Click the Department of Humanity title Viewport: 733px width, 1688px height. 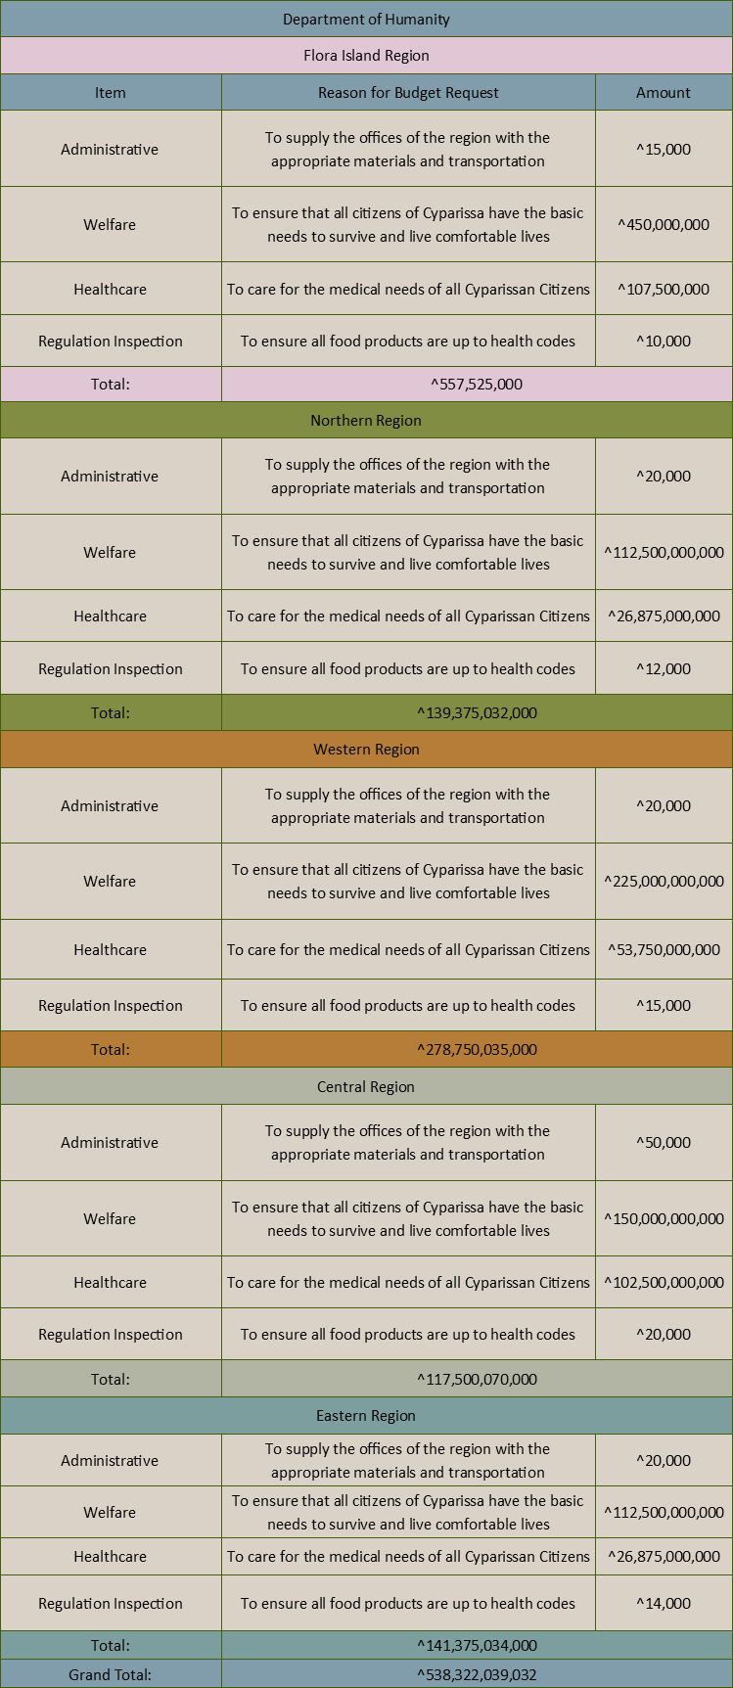pyautogui.click(x=366, y=20)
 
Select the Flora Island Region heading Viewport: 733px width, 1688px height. pyautogui.click(x=366, y=56)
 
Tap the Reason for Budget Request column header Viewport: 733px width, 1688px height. pyautogui.click(x=408, y=93)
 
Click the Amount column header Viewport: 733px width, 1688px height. pyautogui.click(x=664, y=93)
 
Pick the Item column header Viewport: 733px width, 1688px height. pyautogui.click(x=111, y=93)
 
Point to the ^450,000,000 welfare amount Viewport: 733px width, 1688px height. pyautogui.click(x=664, y=225)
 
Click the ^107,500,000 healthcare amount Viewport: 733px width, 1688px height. pyautogui.click(x=664, y=290)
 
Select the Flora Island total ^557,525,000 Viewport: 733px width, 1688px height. pyautogui.click(x=477, y=385)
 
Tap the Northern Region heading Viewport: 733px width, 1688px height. pyautogui.click(x=366, y=421)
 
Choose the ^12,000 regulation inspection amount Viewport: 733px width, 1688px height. pyautogui.click(x=664, y=669)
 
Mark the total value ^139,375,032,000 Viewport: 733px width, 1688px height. pyautogui.click(x=477, y=713)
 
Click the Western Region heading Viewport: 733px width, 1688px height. pyautogui.click(x=366, y=750)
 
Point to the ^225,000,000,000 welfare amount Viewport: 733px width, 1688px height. pyautogui.click(x=664, y=882)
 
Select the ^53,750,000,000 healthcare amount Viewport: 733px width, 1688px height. pyautogui.click(x=664, y=950)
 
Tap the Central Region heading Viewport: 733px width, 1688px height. pyautogui.click(x=366, y=1087)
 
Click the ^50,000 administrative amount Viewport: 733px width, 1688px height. pyautogui.click(x=664, y=1143)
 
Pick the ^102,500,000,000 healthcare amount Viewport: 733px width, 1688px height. pyautogui.click(x=664, y=1283)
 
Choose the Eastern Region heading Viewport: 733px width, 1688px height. pyautogui.click(x=366, y=1416)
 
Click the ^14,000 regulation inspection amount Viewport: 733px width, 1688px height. pyautogui.click(x=664, y=1604)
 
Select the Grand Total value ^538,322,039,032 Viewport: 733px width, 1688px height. pyautogui.click(x=477, y=1675)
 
